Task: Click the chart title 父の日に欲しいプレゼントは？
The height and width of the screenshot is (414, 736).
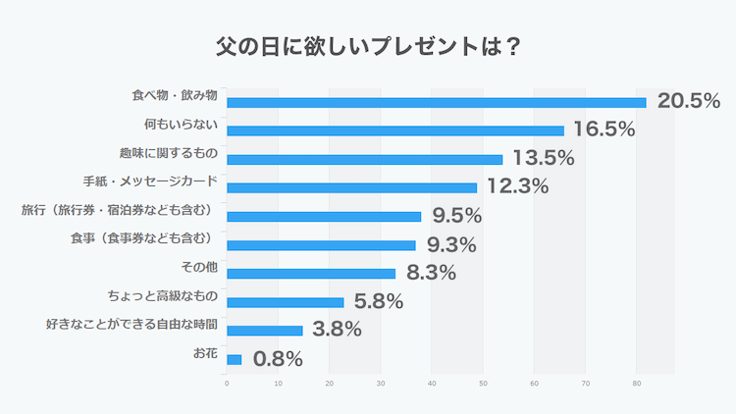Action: pos(368,46)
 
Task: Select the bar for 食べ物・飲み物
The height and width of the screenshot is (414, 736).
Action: pos(437,102)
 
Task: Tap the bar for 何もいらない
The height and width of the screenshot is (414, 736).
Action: pos(395,130)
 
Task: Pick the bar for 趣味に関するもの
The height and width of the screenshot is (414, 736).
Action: pos(364,159)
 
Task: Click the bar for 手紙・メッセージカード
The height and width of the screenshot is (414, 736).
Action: pos(351,187)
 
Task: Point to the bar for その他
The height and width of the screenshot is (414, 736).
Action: pos(311,274)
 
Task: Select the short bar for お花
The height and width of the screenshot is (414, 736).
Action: pos(234,360)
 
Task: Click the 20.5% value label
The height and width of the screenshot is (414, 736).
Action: pos(689,100)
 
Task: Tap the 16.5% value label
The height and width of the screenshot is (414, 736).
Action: pos(605,129)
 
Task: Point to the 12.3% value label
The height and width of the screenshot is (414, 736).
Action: pos(516,185)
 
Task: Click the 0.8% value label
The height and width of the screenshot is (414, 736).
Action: pos(278,359)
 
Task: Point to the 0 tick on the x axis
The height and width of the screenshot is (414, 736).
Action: pos(227,384)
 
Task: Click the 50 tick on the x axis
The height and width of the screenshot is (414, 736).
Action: pos(483,384)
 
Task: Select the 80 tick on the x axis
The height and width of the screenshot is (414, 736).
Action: pos(637,384)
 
